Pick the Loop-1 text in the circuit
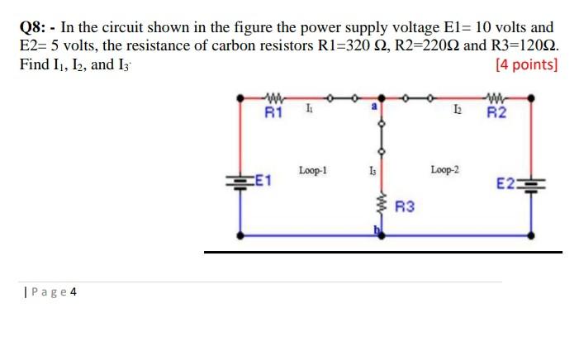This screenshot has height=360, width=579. click(x=313, y=170)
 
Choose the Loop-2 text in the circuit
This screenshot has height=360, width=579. click(x=445, y=169)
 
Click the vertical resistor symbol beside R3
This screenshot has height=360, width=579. click(x=382, y=204)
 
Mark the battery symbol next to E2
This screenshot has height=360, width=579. click(x=530, y=183)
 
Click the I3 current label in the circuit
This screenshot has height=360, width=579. click(x=373, y=171)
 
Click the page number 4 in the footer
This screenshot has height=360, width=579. click(x=73, y=291)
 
